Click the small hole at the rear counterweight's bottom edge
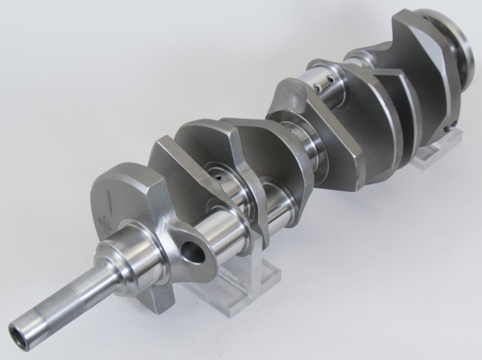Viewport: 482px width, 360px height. [x=448, y=128]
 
